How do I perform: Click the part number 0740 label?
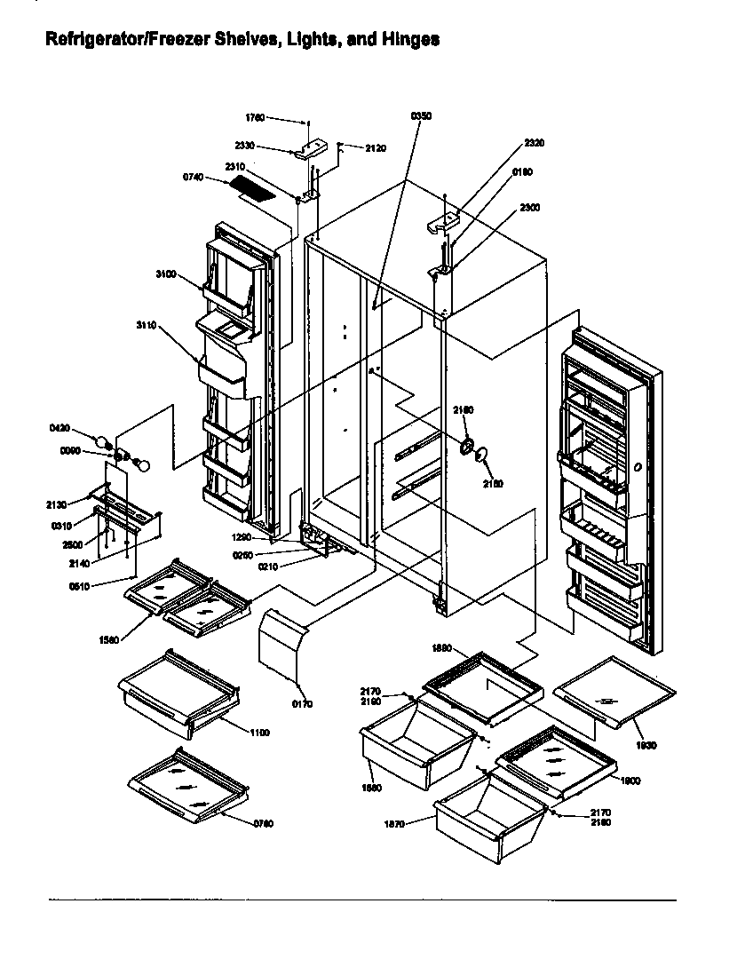(194, 178)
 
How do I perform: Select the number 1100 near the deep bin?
(259, 733)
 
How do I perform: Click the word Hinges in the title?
(409, 40)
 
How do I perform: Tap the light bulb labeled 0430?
(105, 438)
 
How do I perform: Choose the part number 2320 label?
(535, 143)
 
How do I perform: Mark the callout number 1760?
(255, 117)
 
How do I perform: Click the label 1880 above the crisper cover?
(443, 649)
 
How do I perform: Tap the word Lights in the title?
(305, 40)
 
